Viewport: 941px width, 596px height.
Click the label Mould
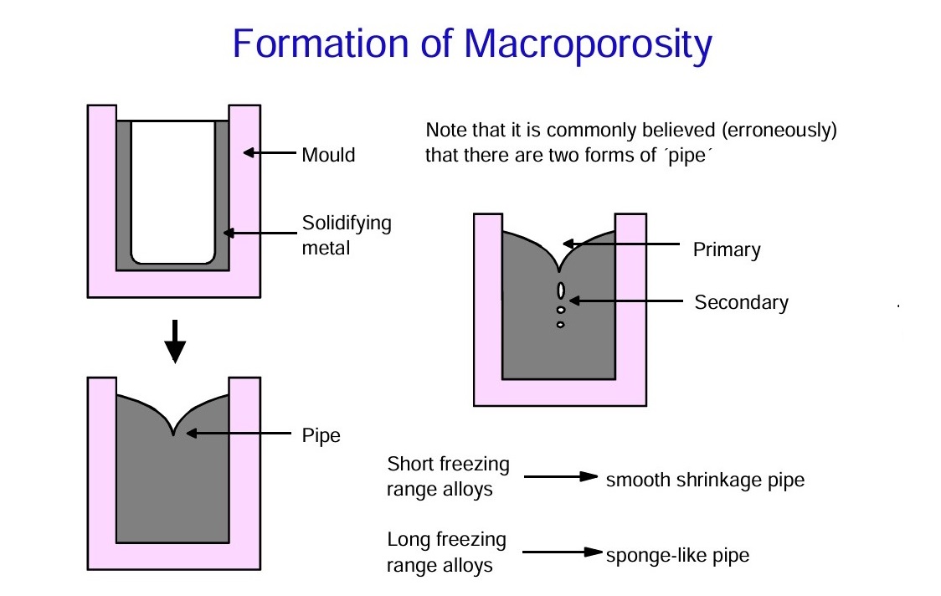click(x=328, y=155)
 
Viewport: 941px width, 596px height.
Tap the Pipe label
click(x=321, y=435)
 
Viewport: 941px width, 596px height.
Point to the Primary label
click(x=726, y=249)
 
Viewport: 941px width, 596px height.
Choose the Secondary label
click(x=741, y=302)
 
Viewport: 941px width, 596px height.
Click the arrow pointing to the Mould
click(x=270, y=153)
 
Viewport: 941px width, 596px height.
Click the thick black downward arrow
click(x=174, y=341)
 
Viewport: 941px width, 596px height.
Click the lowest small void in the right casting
click(x=560, y=324)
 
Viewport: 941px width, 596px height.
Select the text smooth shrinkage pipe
click(x=705, y=480)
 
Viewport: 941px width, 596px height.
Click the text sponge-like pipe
click(x=677, y=554)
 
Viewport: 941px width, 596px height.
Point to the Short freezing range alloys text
click(x=448, y=476)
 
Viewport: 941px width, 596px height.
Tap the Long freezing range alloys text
click(x=446, y=552)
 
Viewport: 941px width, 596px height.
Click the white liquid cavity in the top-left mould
click(x=173, y=191)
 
